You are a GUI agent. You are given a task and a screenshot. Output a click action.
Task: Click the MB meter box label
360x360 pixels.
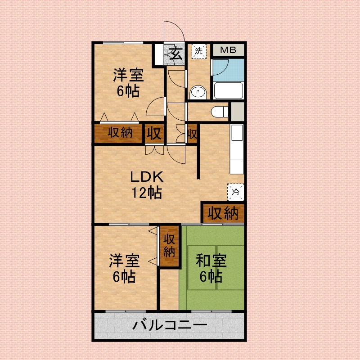click(228, 50)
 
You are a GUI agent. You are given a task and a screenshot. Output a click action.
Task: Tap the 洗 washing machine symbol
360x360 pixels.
click(199, 51)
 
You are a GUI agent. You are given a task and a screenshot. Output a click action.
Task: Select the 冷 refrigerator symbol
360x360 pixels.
click(235, 192)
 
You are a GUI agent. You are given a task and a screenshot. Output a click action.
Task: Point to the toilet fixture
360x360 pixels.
click(220, 112)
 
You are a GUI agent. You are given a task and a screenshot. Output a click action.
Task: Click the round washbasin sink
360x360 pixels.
click(198, 93)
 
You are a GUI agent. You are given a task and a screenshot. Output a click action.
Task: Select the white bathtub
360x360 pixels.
click(228, 90)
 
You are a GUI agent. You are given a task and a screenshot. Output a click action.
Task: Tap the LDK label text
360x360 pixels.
click(147, 177)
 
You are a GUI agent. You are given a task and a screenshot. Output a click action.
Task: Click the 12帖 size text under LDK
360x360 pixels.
click(147, 193)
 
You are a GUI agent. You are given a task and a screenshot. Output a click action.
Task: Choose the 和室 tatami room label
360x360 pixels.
click(211, 261)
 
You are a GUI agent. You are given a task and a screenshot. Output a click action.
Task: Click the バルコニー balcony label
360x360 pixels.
click(170, 325)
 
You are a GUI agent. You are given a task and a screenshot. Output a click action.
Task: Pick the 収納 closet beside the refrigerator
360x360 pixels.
click(223, 213)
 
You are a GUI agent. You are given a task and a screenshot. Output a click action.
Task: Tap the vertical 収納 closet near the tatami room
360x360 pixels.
click(169, 246)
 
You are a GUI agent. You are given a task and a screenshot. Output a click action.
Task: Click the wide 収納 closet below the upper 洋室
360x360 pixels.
click(118, 133)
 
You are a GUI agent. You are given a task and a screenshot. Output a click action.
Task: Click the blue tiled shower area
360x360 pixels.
click(229, 70)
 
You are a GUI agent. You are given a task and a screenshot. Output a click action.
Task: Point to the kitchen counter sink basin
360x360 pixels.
click(237, 133)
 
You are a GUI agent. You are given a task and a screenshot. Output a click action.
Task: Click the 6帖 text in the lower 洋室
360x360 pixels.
click(124, 277)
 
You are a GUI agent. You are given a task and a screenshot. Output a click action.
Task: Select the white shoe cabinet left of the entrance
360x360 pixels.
click(159, 54)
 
